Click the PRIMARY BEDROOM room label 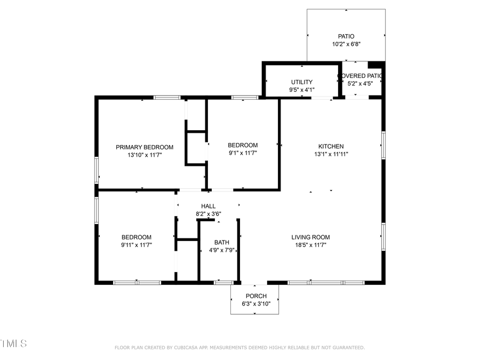coord(145,147)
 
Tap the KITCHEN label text coord(331,146)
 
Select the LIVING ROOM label coord(310,237)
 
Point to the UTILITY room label coord(302,82)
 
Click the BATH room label coord(222,242)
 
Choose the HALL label coord(208,206)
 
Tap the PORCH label coord(255,296)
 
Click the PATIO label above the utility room coord(346,37)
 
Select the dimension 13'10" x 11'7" coord(145,155)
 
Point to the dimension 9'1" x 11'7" coord(243,153)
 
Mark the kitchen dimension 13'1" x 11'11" coord(331,154)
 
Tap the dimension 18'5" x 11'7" coord(310,245)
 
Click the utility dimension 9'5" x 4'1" coord(302,90)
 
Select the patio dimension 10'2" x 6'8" coord(346,44)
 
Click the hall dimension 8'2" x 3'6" coord(208,214)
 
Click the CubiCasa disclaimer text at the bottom coord(239,348)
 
